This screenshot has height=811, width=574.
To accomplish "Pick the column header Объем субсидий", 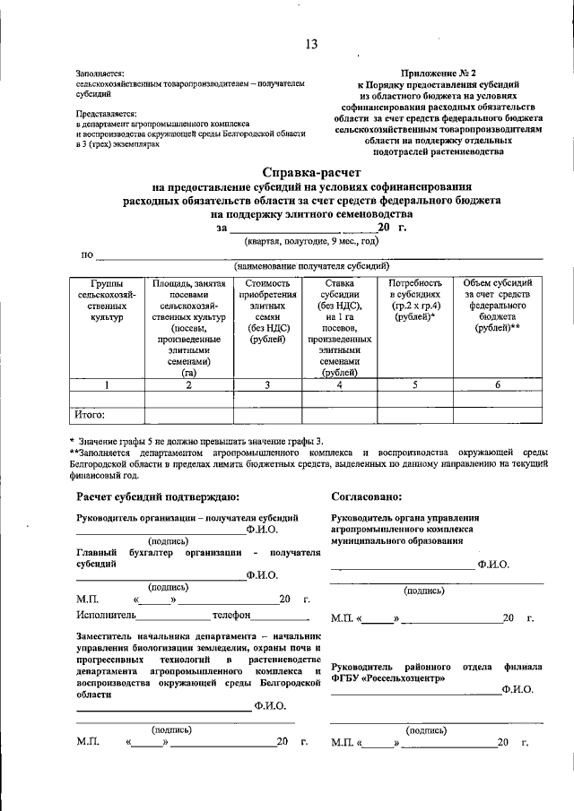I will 497,306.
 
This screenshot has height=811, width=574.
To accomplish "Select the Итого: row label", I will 90,414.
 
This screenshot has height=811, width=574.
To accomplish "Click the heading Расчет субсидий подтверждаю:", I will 158,496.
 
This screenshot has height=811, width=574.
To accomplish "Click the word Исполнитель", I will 106,616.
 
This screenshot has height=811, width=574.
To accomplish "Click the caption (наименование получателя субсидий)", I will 311,266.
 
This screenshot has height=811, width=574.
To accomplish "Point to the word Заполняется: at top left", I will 100,73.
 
